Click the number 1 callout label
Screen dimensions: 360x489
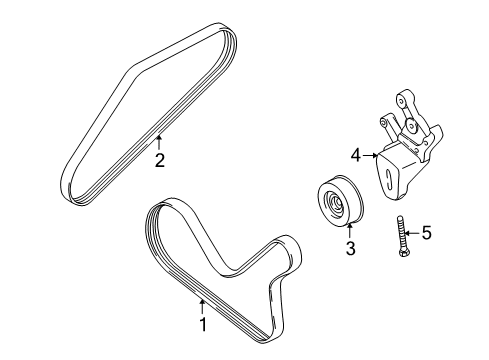pos(202,324)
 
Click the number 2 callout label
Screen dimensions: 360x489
pos(159,158)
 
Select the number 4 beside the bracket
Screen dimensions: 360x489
pos(355,155)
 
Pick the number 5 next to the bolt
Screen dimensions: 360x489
pos(426,234)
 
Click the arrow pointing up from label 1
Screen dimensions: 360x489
pos(202,305)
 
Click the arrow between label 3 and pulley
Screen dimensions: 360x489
pos(350,231)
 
